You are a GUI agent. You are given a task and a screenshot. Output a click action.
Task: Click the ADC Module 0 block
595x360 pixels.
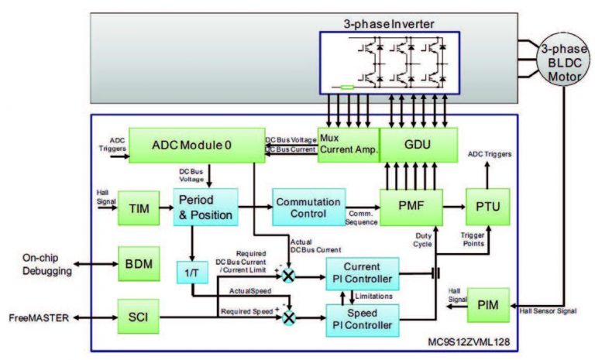191,145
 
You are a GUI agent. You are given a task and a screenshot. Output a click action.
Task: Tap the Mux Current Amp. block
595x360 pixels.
348,145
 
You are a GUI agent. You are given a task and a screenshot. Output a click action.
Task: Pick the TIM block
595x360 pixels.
139,207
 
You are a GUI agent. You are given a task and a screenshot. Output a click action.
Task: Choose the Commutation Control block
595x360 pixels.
307,207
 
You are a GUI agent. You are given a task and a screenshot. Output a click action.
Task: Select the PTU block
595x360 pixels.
487,207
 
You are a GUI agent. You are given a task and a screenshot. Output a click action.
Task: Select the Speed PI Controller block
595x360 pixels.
363,319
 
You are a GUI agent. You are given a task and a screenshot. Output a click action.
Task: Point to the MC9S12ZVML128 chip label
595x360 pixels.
470,341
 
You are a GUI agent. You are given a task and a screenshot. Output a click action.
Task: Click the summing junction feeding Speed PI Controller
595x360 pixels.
290,318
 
